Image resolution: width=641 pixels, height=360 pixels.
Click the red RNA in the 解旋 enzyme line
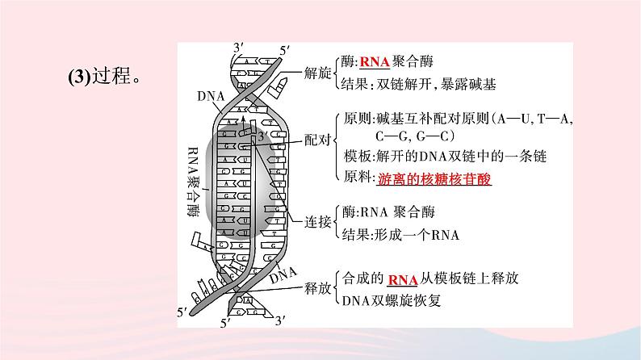click(x=374, y=61)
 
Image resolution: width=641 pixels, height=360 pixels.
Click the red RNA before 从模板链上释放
click(x=402, y=279)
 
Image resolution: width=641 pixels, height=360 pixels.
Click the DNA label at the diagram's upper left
click(x=206, y=95)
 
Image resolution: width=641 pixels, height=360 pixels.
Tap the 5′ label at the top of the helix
click(x=283, y=50)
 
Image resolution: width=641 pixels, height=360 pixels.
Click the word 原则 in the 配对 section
click(x=355, y=119)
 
